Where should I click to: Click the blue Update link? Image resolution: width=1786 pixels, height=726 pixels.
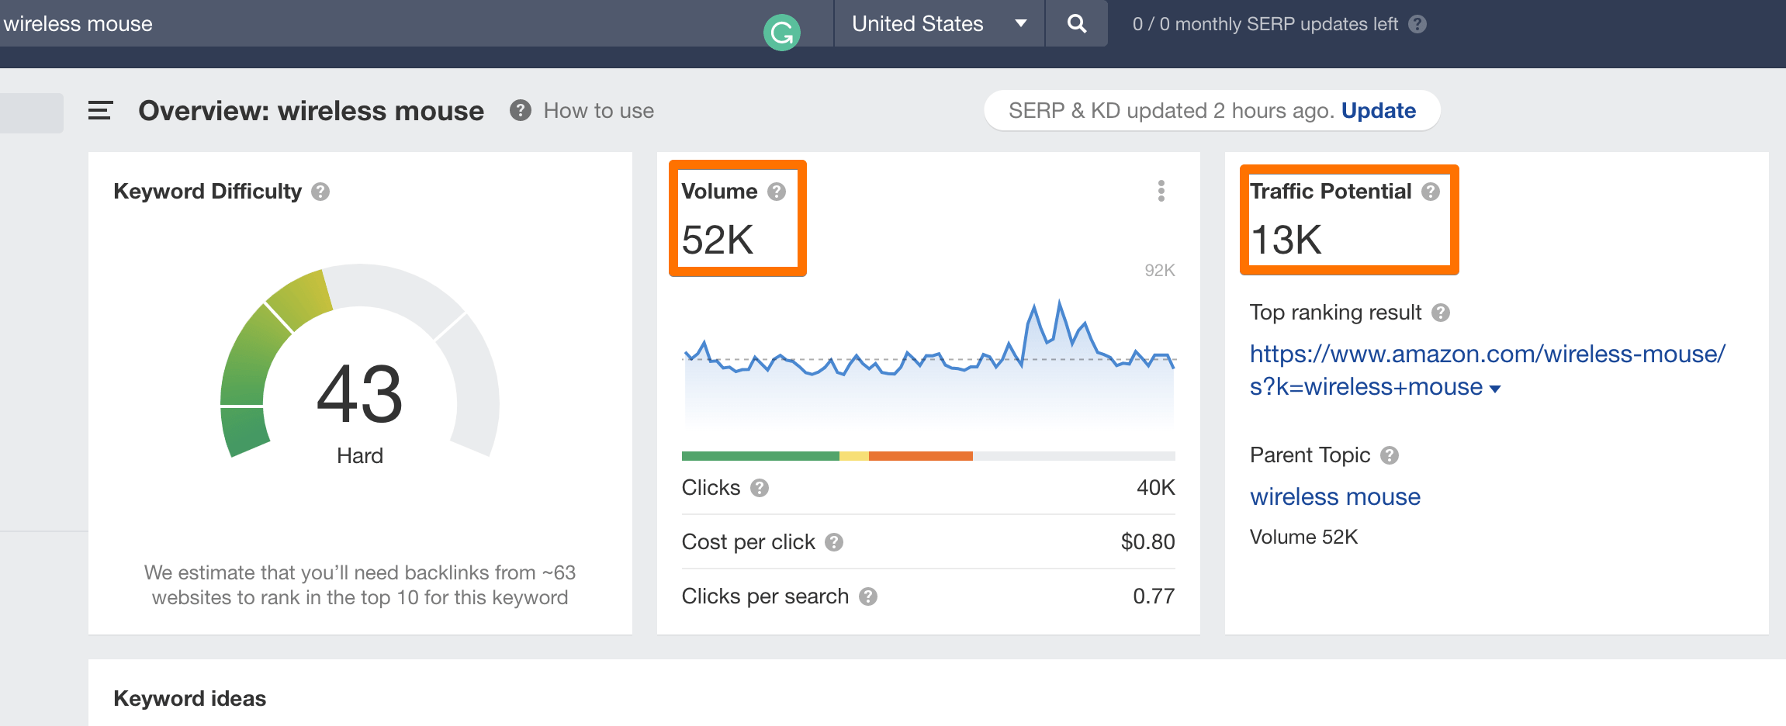[1378, 111]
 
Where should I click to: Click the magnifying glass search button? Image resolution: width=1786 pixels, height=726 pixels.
[1076, 24]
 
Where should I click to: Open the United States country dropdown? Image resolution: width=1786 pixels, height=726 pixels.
[938, 24]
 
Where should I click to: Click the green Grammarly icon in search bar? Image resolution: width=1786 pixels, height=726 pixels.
[781, 33]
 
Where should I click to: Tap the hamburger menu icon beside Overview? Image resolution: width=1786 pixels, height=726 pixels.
[100, 111]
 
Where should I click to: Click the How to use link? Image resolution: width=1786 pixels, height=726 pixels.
[598, 111]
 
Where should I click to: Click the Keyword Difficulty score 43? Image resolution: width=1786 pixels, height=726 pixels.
[360, 394]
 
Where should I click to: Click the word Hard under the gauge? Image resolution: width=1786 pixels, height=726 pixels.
[360, 455]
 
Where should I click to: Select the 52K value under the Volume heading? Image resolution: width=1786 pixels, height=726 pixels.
[717, 240]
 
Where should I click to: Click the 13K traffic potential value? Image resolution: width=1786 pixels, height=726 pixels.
[1286, 240]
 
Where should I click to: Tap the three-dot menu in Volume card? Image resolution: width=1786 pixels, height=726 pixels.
[1161, 191]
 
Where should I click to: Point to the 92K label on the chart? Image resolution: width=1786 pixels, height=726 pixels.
[1159, 271]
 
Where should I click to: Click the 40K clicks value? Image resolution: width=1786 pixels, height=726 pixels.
[1155, 488]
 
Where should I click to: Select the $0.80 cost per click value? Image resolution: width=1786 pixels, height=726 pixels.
[1147, 542]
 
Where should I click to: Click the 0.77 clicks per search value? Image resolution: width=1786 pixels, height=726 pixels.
[1153, 596]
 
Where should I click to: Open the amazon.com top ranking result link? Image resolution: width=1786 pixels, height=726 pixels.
[1487, 354]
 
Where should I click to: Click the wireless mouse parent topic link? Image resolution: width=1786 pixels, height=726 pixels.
[1334, 497]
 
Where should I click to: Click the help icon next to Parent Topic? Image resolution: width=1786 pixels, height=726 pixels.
[1390, 455]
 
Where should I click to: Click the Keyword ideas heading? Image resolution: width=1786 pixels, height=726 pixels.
[189, 699]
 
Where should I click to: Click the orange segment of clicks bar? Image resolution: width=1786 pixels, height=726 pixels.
[920, 456]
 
